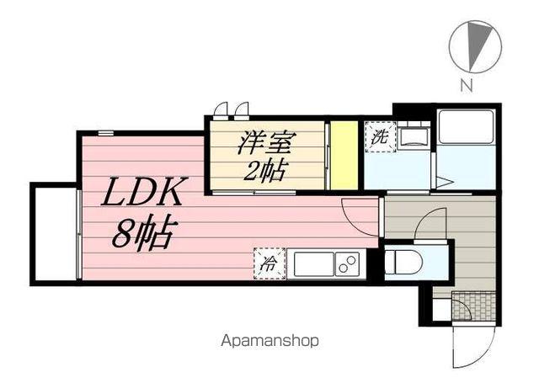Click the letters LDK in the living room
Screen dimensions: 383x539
142,196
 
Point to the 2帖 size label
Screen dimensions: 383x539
264,172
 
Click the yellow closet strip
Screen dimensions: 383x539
342,156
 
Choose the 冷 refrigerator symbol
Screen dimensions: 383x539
269,263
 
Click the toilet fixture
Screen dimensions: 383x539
404,263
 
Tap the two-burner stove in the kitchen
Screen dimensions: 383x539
345,263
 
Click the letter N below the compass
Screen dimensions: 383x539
466,84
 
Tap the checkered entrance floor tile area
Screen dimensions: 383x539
472,305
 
